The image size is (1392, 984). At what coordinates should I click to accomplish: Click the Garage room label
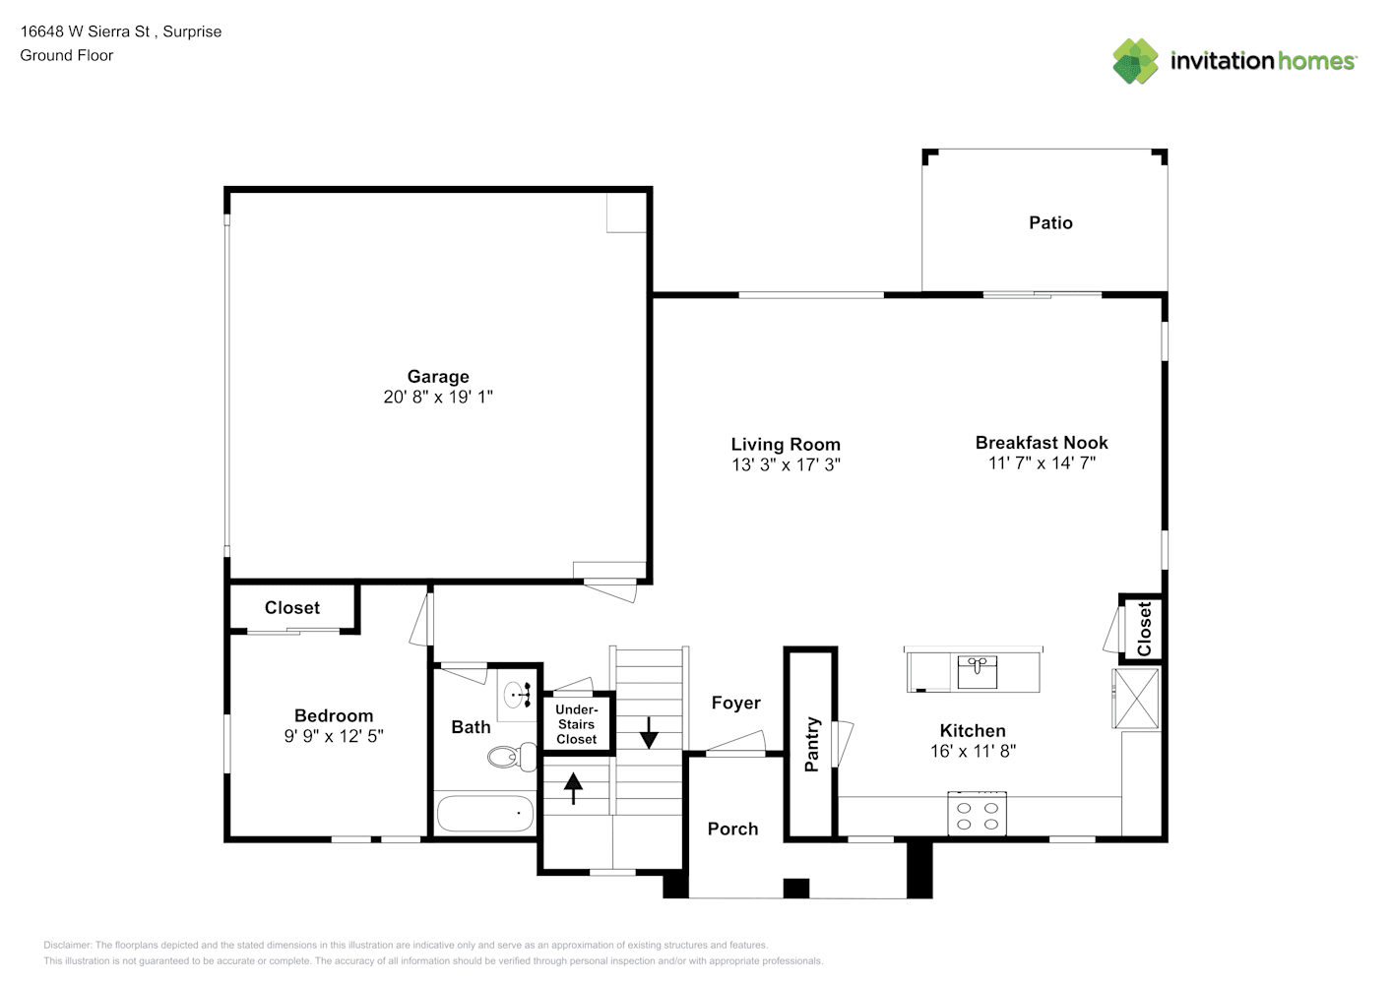[437, 377]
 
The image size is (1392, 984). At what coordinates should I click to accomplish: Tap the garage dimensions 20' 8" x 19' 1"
[437, 397]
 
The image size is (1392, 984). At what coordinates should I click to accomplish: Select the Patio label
[1050, 222]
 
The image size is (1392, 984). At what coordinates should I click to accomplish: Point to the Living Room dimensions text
[786, 464]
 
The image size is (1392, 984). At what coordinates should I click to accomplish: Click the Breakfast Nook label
[1042, 442]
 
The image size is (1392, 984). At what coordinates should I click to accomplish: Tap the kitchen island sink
[977, 671]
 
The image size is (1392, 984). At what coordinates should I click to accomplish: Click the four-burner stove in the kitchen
[977, 814]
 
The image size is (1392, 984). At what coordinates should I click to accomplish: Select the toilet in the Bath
[512, 757]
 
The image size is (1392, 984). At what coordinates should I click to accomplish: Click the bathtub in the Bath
[484, 813]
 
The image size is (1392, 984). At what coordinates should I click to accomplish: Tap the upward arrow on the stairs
[573, 788]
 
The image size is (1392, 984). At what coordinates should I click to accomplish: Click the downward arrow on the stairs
[649, 733]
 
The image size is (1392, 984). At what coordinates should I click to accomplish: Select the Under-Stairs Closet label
[576, 724]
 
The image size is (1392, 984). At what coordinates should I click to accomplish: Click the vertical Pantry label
[812, 744]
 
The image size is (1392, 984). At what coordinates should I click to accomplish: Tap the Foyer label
[735, 703]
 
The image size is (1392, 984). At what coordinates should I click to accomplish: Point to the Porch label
[732, 829]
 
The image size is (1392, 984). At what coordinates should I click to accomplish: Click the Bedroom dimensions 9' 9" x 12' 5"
[334, 736]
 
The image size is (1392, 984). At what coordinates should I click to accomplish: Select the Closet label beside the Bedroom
[292, 607]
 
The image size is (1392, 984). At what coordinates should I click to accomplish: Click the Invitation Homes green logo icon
[1135, 61]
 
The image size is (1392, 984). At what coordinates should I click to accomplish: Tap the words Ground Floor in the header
[67, 55]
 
